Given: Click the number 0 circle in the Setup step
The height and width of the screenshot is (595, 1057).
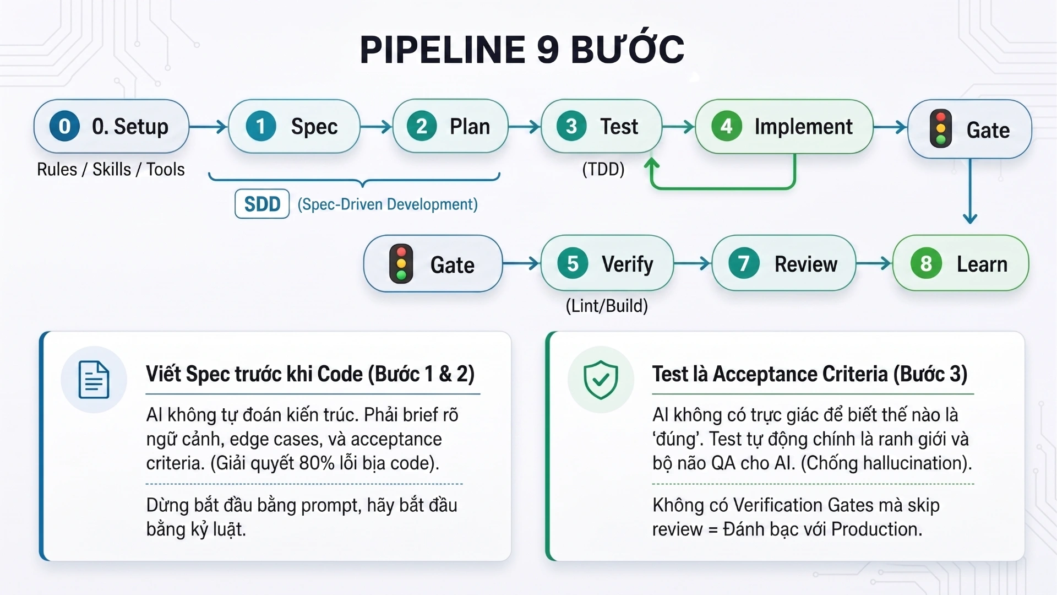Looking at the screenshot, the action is point(64,126).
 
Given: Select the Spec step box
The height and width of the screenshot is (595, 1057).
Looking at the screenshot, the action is point(294,126).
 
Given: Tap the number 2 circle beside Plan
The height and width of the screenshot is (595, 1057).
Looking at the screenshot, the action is point(422,126).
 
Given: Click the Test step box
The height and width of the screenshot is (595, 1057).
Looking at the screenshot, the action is point(601,126).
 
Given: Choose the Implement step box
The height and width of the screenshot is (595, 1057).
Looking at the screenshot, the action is point(784,126).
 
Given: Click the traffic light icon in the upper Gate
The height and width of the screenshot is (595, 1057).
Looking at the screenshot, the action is point(941,129).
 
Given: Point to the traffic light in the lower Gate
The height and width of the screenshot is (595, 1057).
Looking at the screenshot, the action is point(401,264).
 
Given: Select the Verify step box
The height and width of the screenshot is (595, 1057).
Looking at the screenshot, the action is point(607,263).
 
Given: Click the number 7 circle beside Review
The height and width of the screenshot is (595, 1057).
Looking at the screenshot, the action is point(744,263).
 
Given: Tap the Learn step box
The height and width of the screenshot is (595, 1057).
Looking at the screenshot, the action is point(960,263).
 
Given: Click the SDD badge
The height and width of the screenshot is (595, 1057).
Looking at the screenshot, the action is point(262,204).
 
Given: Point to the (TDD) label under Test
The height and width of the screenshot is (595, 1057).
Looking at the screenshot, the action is point(603,169).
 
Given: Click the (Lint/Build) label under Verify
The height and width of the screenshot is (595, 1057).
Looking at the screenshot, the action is point(607,306).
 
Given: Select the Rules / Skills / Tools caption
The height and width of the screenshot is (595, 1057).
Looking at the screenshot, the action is point(111,169).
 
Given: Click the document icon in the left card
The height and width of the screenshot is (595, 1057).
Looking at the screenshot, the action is point(94,380).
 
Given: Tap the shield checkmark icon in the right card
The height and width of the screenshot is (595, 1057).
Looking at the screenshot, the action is point(601,380).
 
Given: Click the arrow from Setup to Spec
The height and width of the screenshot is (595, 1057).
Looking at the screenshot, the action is point(208,127).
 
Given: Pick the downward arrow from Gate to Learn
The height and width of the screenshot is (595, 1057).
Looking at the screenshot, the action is point(970,191).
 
